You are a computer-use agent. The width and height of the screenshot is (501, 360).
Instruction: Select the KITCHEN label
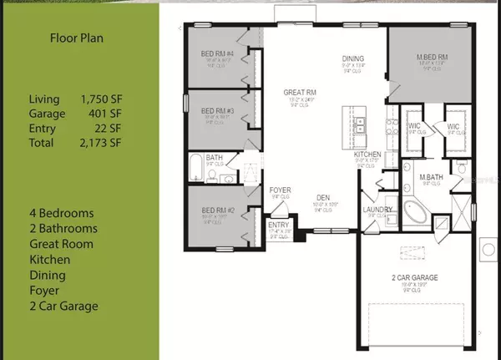[367, 155]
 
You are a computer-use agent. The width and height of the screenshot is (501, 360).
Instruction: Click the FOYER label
[281, 190]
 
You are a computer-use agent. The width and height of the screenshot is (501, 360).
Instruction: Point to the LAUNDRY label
[372, 210]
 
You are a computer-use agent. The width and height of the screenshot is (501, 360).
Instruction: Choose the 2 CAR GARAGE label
[408, 276]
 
